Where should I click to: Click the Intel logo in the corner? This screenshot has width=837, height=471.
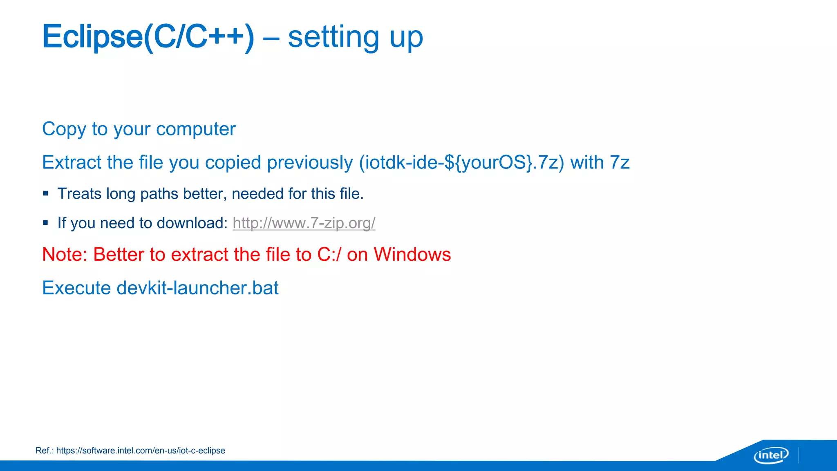click(x=771, y=455)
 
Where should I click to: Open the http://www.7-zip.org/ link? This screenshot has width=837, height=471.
click(x=304, y=223)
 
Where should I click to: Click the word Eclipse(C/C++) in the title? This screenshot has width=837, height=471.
click(x=148, y=37)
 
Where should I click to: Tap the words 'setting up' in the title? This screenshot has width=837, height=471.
click(x=355, y=37)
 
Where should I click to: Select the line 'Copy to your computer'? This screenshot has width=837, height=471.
click(x=139, y=129)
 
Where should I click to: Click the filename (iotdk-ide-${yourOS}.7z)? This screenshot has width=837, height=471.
click(x=461, y=163)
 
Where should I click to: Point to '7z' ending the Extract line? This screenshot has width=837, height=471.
click(x=619, y=163)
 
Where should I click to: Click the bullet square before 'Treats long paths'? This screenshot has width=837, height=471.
click(x=45, y=193)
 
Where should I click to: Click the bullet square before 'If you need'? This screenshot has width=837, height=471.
click(x=45, y=223)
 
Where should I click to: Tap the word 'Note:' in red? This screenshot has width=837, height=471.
click(x=65, y=255)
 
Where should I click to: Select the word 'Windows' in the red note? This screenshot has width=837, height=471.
click(x=412, y=255)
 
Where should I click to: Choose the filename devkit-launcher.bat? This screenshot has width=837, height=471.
click(x=197, y=288)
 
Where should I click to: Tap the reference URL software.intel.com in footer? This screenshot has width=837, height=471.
click(x=141, y=451)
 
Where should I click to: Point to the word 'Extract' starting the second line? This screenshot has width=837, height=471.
click(x=72, y=163)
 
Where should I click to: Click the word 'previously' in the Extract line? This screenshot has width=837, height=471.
click(x=310, y=163)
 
